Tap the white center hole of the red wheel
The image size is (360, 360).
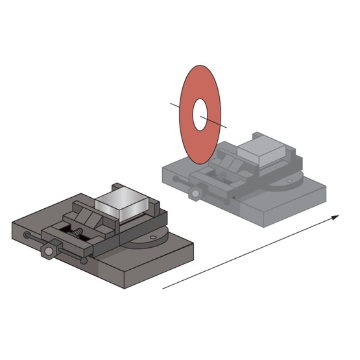[x=200, y=114]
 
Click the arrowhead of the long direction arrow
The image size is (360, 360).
[x=336, y=217]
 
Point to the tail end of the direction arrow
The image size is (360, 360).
[x=163, y=287]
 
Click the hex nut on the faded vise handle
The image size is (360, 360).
[x=195, y=193]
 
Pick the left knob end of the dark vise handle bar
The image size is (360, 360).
[x=27, y=235]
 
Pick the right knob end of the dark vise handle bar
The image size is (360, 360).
[x=84, y=261]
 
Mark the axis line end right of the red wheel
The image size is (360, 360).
[x=228, y=125]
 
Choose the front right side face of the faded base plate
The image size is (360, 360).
[x=292, y=208]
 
